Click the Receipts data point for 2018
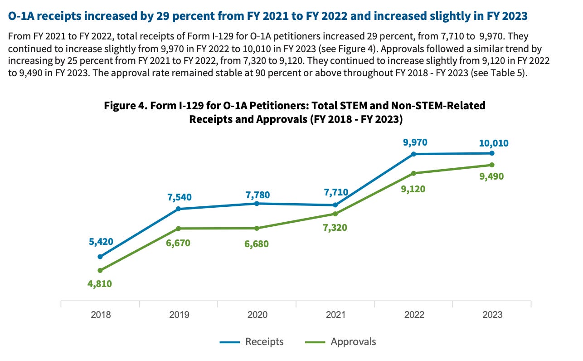[100, 257]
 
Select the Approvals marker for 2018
[100, 270]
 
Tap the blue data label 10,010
[494, 143]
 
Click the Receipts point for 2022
[414, 154]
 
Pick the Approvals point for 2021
[335, 214]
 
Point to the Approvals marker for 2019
[179, 228]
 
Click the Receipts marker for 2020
[257, 204]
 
